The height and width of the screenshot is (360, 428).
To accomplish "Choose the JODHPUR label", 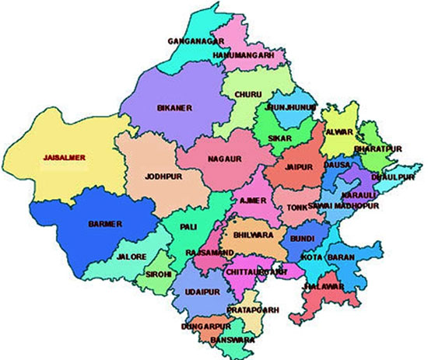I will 163,177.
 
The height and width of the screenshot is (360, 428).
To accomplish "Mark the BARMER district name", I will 105,224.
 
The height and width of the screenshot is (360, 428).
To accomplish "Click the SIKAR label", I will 279,137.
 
